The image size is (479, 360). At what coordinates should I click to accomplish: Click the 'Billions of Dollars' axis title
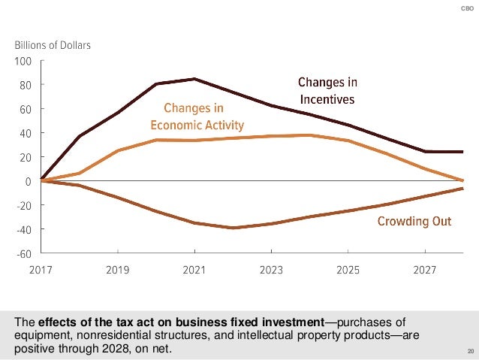[x=53, y=45]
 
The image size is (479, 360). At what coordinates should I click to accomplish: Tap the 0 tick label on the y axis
[x=28, y=181]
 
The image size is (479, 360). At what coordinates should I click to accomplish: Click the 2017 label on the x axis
[x=41, y=268]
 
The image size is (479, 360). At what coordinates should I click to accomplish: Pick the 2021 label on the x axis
[x=194, y=268]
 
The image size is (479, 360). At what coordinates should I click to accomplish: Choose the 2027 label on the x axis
[x=425, y=268]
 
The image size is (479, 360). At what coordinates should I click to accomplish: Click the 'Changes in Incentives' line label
[x=327, y=90]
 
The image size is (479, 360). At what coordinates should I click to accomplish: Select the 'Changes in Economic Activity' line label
[x=197, y=116]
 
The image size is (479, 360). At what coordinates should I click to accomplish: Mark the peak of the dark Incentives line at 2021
[x=194, y=79]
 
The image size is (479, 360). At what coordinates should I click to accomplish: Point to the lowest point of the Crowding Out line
[x=233, y=228]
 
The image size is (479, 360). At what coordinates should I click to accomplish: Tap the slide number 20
[x=470, y=352]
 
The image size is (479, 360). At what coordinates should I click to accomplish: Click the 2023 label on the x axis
[x=271, y=268]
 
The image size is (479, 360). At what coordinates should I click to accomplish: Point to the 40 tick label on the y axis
[x=26, y=133]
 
